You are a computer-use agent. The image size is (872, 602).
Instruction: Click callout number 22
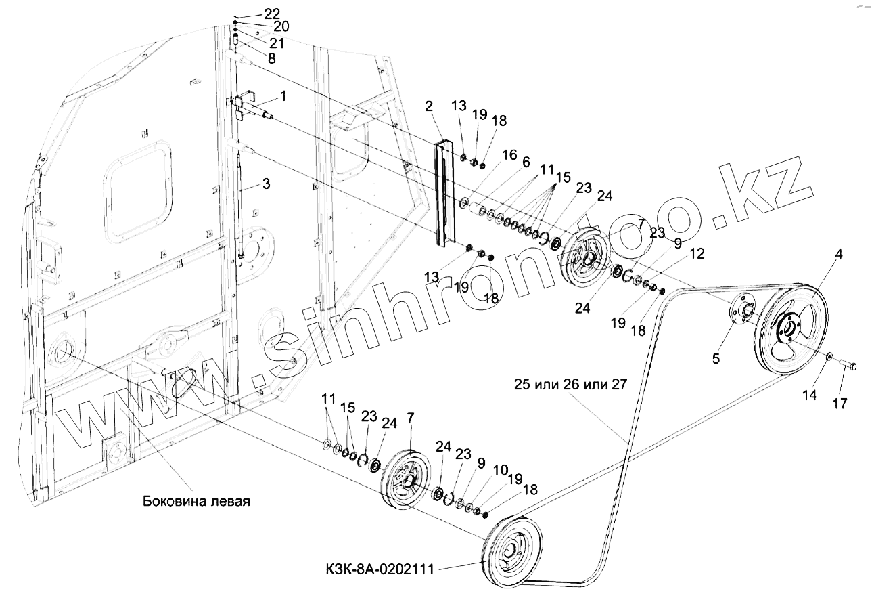click(253, 14)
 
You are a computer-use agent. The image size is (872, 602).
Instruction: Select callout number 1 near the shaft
click(283, 96)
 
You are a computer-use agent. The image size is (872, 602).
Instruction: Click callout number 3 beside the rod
click(266, 184)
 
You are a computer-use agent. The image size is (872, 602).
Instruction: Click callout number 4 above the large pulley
click(839, 255)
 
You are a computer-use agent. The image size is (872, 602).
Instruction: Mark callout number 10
click(499, 469)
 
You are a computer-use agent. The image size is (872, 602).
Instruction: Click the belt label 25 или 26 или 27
click(570, 384)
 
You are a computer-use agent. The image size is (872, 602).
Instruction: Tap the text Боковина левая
click(197, 502)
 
